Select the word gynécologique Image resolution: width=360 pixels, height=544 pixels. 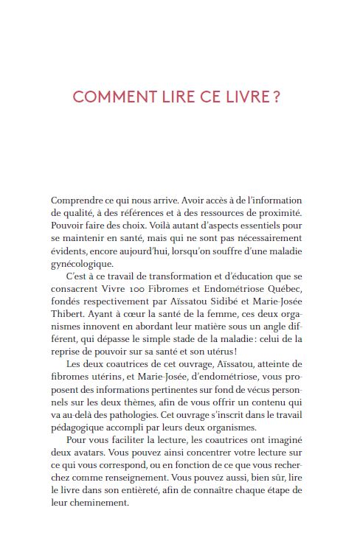click(x=83, y=264)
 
